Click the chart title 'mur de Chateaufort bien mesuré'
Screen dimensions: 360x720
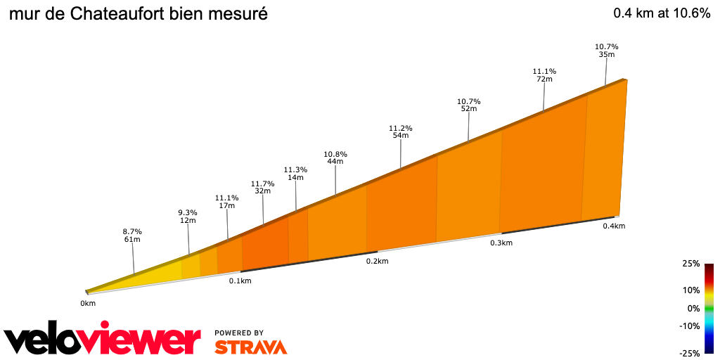tap(139, 13)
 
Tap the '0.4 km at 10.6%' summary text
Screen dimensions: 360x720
tap(662, 13)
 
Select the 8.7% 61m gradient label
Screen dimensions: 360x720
tap(132, 236)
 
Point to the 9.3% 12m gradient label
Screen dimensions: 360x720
tap(187, 217)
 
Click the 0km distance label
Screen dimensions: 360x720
tap(87, 303)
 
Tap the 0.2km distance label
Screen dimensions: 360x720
tap(377, 261)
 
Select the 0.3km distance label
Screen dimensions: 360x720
tap(501, 243)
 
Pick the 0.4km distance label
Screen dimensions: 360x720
tap(614, 226)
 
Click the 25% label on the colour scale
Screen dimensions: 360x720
tap(690, 264)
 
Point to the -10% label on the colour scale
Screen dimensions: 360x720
tap(689, 326)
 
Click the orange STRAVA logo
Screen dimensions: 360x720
tap(250, 347)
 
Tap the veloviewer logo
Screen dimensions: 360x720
tap(103, 340)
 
